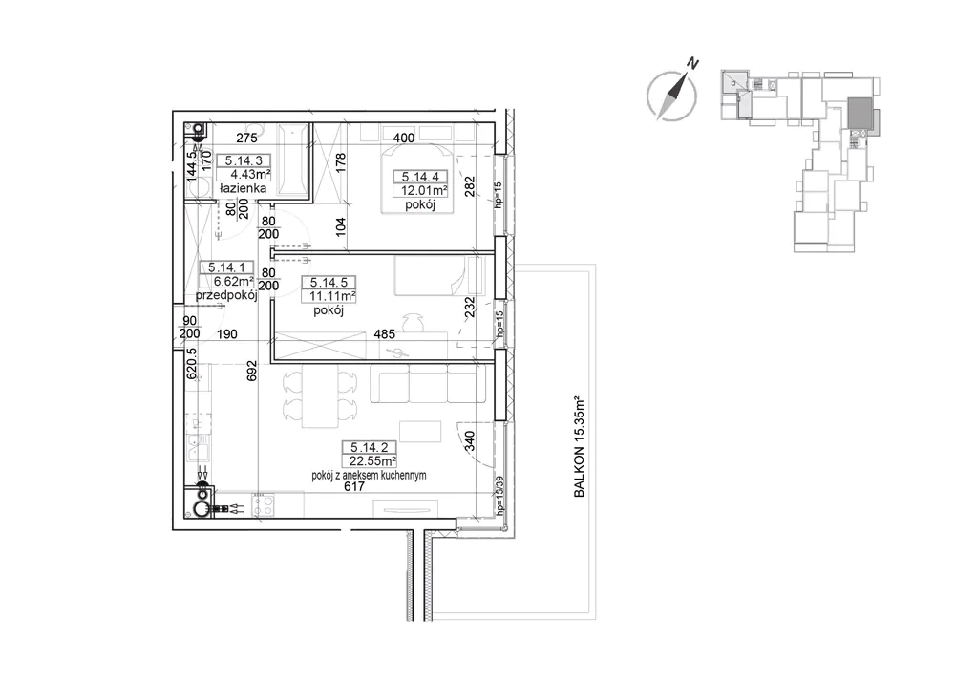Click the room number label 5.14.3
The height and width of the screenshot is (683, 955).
[x=244, y=160]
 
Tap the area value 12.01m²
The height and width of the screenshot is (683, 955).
[x=424, y=191]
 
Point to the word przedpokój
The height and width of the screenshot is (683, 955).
[x=226, y=295]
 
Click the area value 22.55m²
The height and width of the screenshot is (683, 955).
[x=373, y=461]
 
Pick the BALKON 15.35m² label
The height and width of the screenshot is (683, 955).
[x=580, y=447]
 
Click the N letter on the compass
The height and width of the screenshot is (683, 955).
[x=692, y=62]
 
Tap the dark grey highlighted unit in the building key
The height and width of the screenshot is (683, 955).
[x=860, y=114]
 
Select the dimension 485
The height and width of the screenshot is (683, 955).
[x=384, y=334]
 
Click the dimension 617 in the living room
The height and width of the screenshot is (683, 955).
[x=354, y=486]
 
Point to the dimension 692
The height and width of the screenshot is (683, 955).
[x=251, y=371]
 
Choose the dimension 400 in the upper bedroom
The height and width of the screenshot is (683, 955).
[x=403, y=139]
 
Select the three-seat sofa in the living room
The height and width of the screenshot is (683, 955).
[x=428, y=383]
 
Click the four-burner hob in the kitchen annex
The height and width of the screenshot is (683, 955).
[x=264, y=505]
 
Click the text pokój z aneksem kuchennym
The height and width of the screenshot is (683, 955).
[x=369, y=476]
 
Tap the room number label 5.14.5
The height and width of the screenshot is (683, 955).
[x=329, y=282]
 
